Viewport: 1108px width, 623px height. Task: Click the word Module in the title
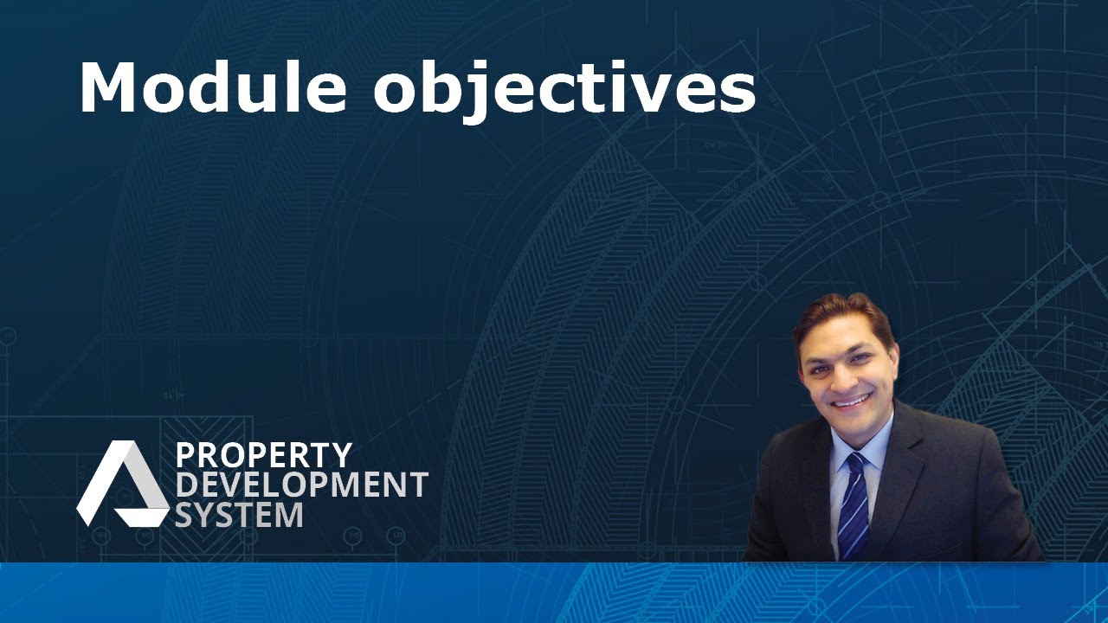[213, 87]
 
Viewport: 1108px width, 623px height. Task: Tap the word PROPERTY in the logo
[264, 455]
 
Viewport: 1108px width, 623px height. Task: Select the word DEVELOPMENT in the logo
[302, 484]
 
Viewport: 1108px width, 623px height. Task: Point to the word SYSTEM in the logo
[240, 514]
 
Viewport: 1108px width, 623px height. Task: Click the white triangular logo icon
[123, 483]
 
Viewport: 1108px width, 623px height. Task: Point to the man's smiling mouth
[850, 400]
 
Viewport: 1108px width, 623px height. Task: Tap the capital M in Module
[109, 87]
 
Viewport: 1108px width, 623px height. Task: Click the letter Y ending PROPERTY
[342, 455]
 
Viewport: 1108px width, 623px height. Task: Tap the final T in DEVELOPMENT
[418, 484]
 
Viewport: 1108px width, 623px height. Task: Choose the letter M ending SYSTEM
[289, 514]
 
